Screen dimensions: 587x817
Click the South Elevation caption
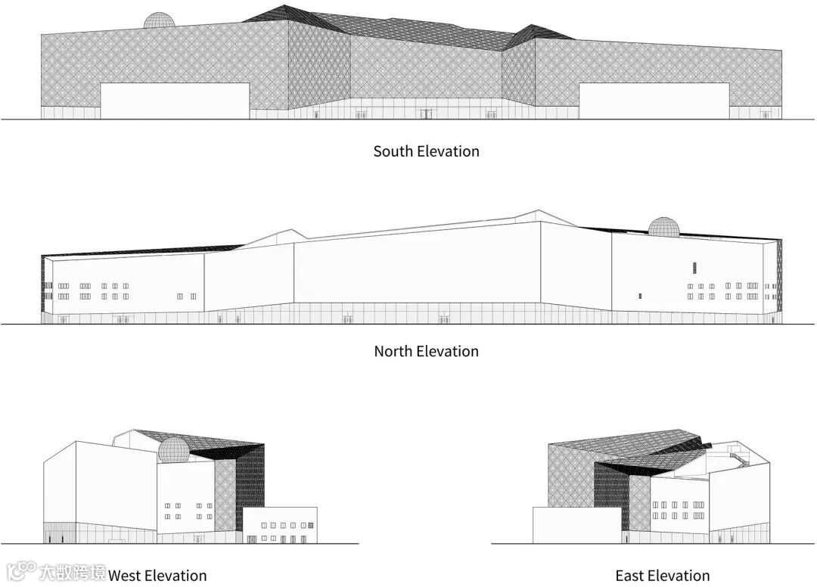click(x=426, y=151)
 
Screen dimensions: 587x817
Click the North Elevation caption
click(x=426, y=351)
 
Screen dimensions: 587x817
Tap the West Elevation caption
click(x=157, y=576)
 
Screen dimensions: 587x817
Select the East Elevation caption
click(x=662, y=576)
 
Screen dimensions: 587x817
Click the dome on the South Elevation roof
click(x=160, y=20)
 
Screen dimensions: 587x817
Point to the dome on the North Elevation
click(x=663, y=227)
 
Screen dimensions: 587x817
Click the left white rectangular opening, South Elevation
click(x=175, y=101)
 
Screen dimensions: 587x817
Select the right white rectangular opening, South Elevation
click(x=654, y=101)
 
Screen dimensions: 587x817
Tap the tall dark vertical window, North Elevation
click(x=694, y=267)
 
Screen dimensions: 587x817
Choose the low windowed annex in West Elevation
click(x=280, y=524)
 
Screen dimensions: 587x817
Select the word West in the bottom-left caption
click(x=126, y=576)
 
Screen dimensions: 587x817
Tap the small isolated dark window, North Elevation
click(x=640, y=295)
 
